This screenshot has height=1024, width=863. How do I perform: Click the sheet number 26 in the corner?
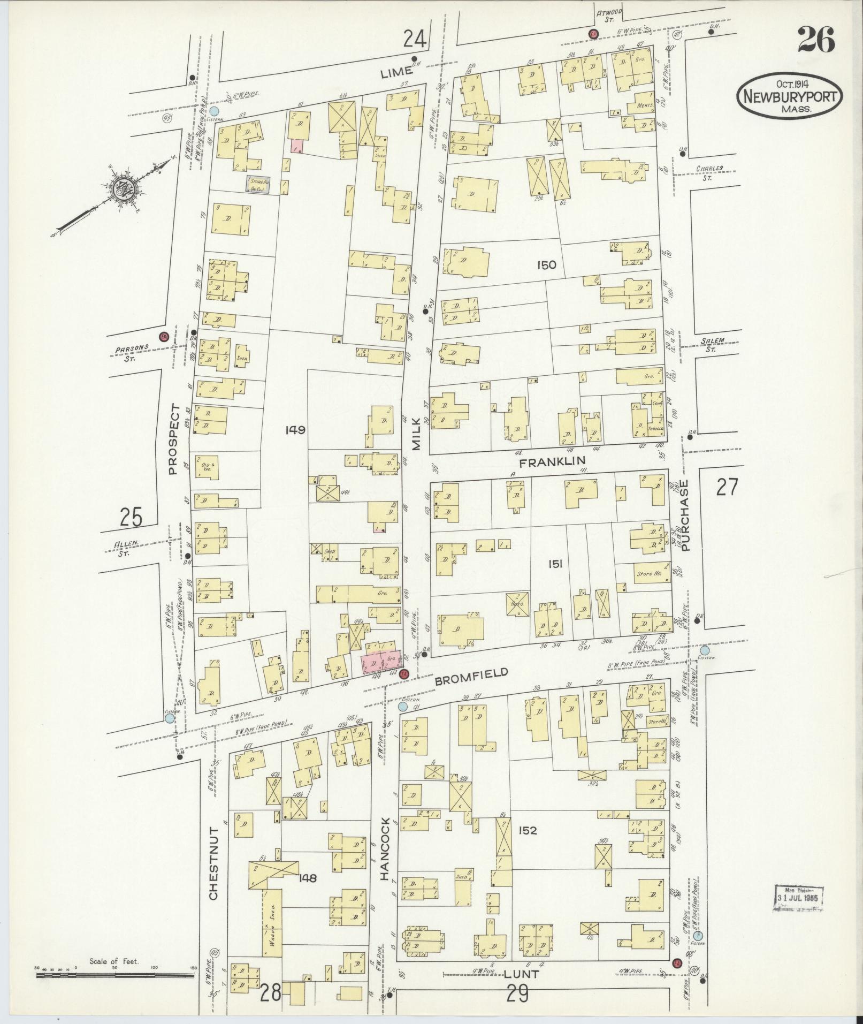pos(815,40)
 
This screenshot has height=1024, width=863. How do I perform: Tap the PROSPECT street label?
pos(172,439)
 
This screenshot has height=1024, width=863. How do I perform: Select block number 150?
pos(545,265)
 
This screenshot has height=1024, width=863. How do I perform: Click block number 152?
pos(526,831)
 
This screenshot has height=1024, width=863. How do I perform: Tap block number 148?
pos(309,878)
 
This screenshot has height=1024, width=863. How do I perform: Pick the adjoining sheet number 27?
pos(727,488)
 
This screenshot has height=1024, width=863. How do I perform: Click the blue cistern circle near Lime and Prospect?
pos(214,111)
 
